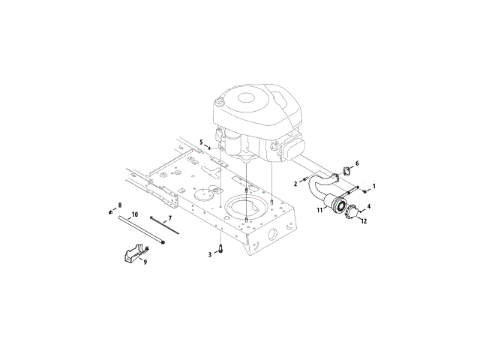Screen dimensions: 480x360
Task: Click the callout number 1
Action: pyautogui.click(x=374, y=184)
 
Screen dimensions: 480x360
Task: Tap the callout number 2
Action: pyautogui.click(x=296, y=182)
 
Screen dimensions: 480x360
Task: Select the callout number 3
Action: pyautogui.click(x=210, y=255)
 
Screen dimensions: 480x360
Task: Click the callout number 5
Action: pyautogui.click(x=201, y=142)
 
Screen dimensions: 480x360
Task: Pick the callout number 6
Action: pyautogui.click(x=357, y=163)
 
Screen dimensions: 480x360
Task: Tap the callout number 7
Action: pyautogui.click(x=169, y=218)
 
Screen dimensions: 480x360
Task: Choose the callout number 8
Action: pyautogui.click(x=118, y=204)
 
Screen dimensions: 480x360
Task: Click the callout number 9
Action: pyautogui.click(x=145, y=262)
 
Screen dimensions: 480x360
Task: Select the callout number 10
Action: pyautogui.click(x=134, y=215)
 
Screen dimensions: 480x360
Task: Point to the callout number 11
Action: pyautogui.click(x=319, y=211)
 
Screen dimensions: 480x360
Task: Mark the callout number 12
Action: pyautogui.click(x=363, y=221)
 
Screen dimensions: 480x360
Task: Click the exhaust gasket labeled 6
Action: pyautogui.click(x=346, y=169)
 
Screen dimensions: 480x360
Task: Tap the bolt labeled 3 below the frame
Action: pyautogui.click(x=220, y=248)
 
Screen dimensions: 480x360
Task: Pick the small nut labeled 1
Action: pyautogui.click(x=364, y=190)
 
